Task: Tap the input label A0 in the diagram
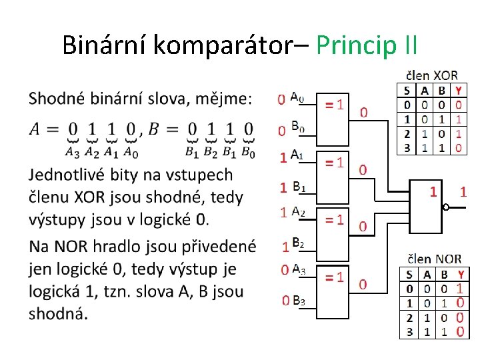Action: click(x=297, y=97)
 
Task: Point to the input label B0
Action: click(x=298, y=126)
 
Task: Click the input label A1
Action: click(x=297, y=156)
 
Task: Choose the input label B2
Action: click(x=298, y=244)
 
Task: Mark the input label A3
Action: click(x=298, y=270)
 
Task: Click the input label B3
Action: click(x=299, y=301)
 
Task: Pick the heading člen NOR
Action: click(x=434, y=259)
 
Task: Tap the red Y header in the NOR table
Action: click(x=460, y=274)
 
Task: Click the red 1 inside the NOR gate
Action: click(x=433, y=192)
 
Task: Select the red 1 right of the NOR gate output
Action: click(x=463, y=192)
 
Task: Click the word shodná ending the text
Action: click(x=56, y=313)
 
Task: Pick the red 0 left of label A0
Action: click(x=282, y=99)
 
